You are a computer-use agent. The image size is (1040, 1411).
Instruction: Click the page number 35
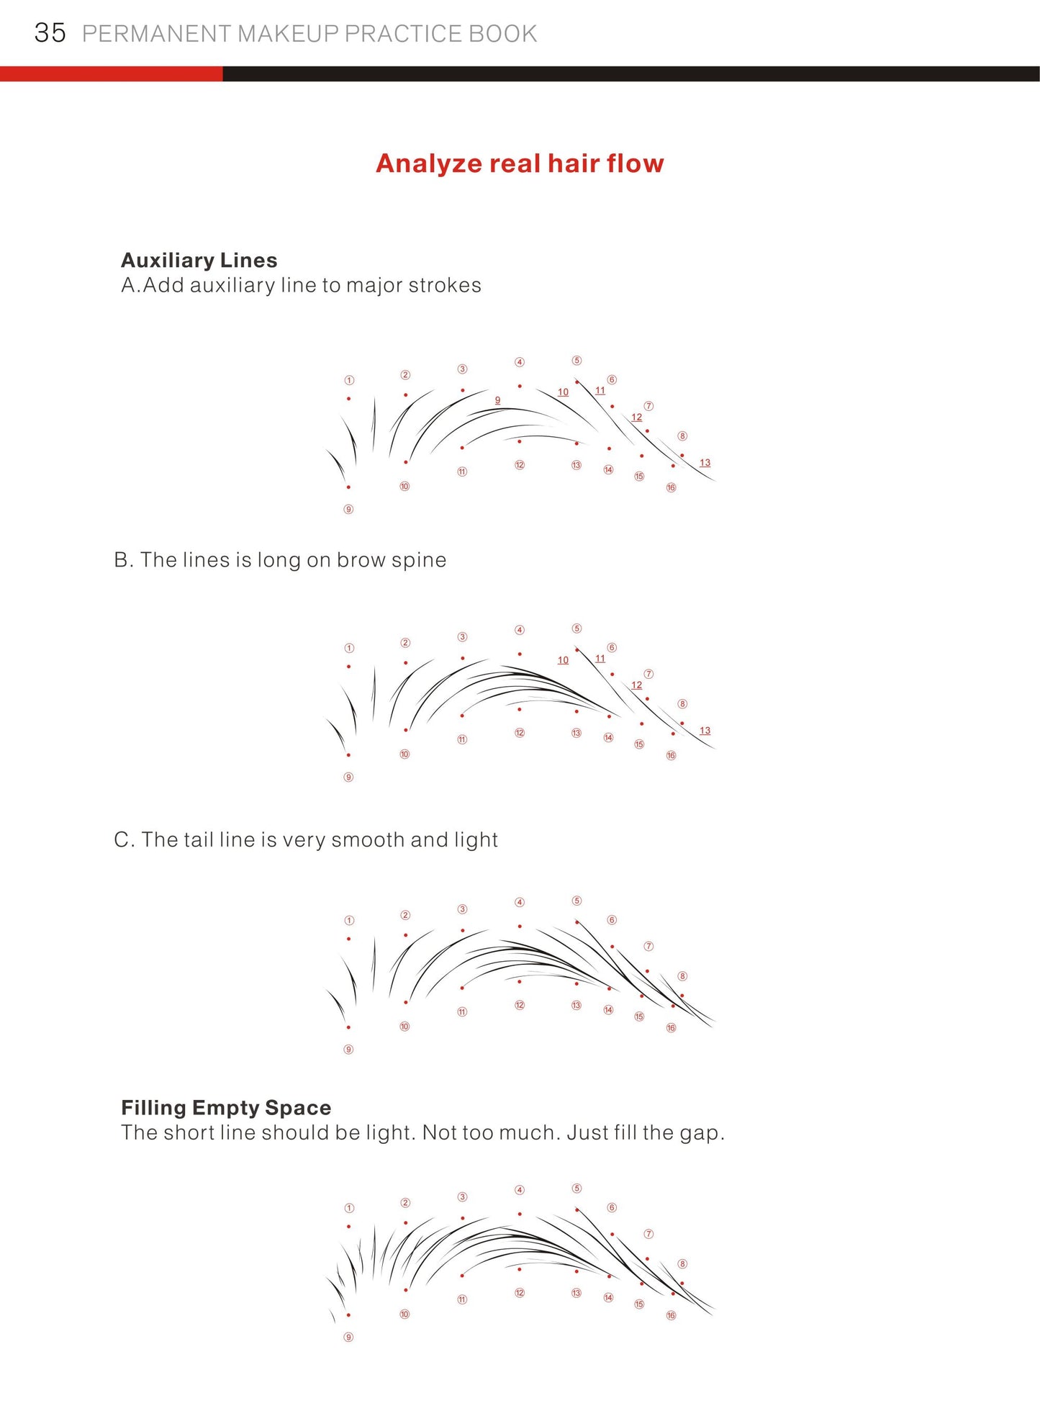tap(50, 33)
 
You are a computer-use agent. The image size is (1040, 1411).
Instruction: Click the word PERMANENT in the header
tap(156, 34)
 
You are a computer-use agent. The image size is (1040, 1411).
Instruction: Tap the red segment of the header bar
tap(111, 73)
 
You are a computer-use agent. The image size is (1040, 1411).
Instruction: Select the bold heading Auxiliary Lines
tap(199, 260)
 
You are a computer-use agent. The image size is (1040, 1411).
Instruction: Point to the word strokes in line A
tap(444, 285)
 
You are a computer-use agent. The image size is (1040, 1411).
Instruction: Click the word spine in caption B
tap(419, 560)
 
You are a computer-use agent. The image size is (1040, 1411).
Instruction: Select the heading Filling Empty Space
tap(226, 1107)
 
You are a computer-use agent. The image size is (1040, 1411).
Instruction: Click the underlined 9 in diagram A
tap(497, 400)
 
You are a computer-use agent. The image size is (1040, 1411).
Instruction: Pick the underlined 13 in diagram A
tap(705, 462)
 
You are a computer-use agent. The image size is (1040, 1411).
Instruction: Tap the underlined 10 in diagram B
tap(563, 659)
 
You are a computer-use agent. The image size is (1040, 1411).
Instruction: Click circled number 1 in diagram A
tap(349, 380)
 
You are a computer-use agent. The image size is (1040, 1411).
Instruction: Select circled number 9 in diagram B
tap(348, 777)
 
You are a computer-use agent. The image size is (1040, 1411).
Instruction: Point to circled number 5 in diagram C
tap(576, 901)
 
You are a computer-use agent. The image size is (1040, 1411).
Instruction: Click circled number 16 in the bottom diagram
tap(671, 1315)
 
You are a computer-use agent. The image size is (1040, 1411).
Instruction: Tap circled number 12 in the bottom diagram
tap(520, 1293)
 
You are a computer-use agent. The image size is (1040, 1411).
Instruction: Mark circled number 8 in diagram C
tap(682, 976)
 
